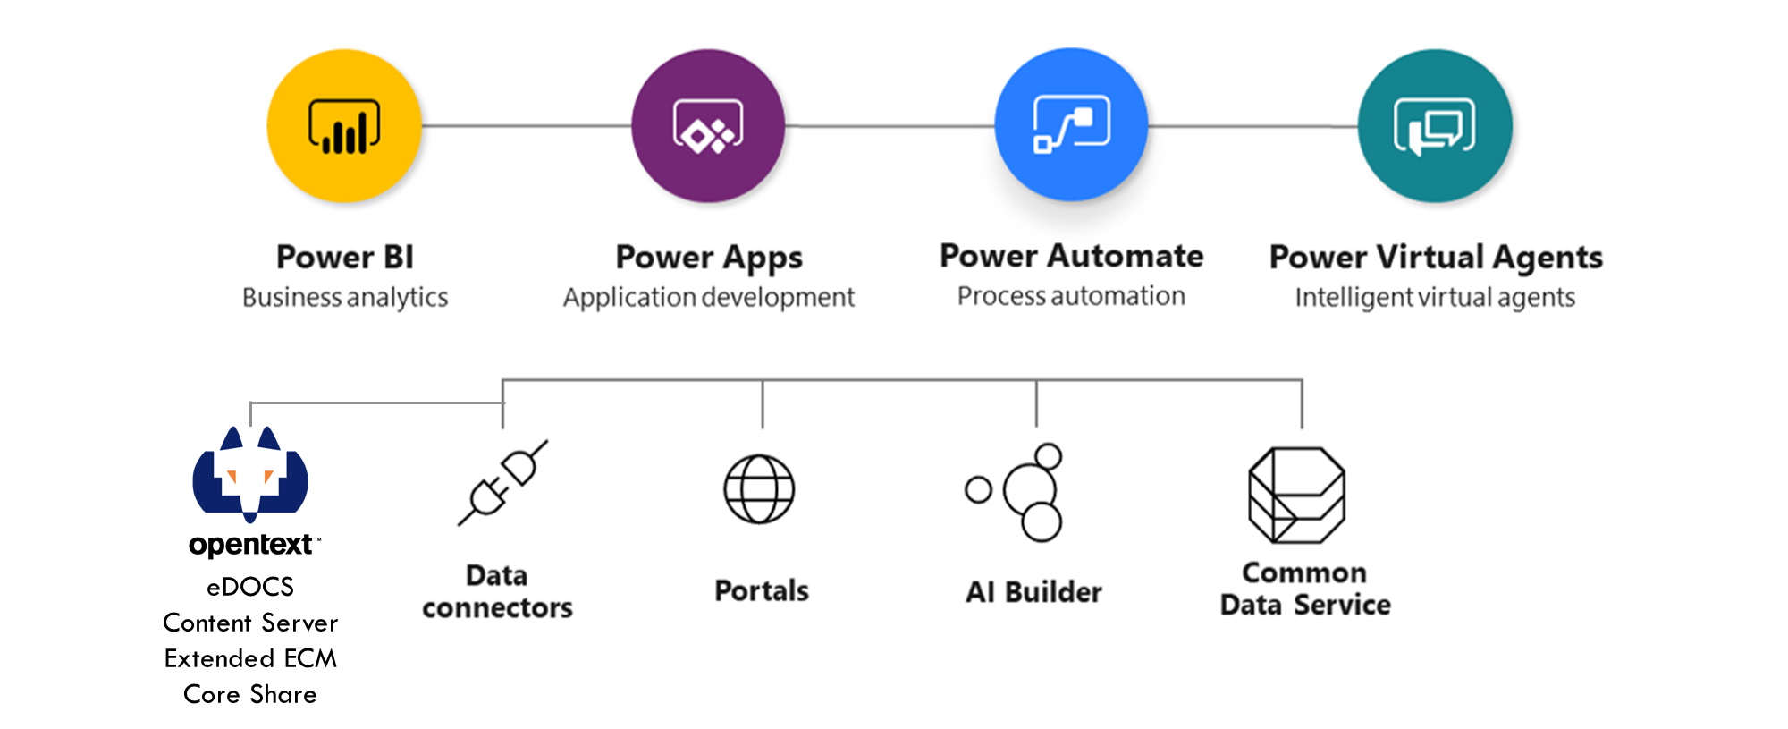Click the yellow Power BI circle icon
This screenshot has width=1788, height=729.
[344, 126]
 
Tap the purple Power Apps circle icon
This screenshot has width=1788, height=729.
[708, 126]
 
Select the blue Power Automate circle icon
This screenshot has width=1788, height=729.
[1071, 124]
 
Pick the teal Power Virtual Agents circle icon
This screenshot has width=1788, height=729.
[1435, 126]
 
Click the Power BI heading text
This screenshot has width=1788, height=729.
[345, 257]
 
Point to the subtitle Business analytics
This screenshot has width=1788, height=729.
[345, 297]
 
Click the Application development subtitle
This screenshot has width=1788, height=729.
[709, 297]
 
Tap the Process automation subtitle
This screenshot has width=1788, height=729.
[1071, 295]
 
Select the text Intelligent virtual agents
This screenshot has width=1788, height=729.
[1435, 297]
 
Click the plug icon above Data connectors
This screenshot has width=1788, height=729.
[502, 483]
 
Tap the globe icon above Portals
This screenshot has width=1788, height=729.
[759, 489]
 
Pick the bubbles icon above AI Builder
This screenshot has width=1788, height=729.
[1016, 492]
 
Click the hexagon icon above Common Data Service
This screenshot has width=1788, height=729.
[1296, 495]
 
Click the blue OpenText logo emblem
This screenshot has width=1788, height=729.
[250, 474]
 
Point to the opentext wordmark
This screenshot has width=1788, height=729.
[254, 545]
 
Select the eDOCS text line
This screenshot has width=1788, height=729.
[250, 587]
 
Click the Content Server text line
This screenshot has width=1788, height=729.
[250, 623]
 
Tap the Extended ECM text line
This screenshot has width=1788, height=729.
[250, 658]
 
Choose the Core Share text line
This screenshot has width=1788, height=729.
[250, 694]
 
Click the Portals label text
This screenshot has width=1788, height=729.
[762, 590]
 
